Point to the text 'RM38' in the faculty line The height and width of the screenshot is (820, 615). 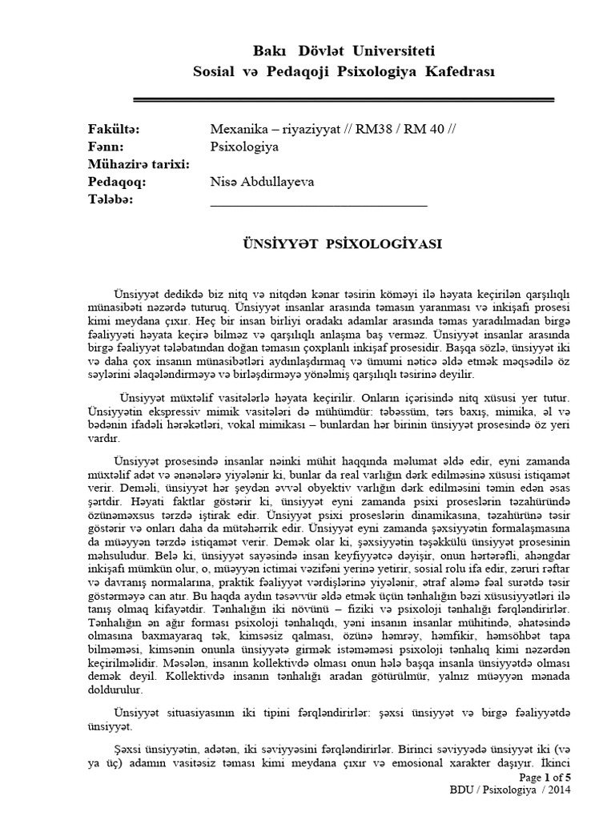tap(382, 131)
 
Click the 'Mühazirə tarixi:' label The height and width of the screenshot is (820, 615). tap(137, 165)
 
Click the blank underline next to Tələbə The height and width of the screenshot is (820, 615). tap(318, 205)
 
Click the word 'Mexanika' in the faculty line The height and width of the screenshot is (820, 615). tap(237, 131)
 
